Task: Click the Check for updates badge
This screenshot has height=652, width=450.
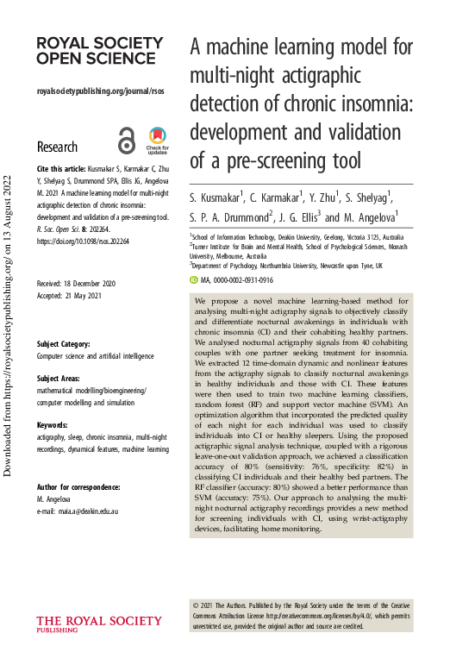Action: (157, 141)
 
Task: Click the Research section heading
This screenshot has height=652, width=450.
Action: (57, 147)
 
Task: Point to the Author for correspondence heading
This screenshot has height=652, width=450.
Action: (79, 463)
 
